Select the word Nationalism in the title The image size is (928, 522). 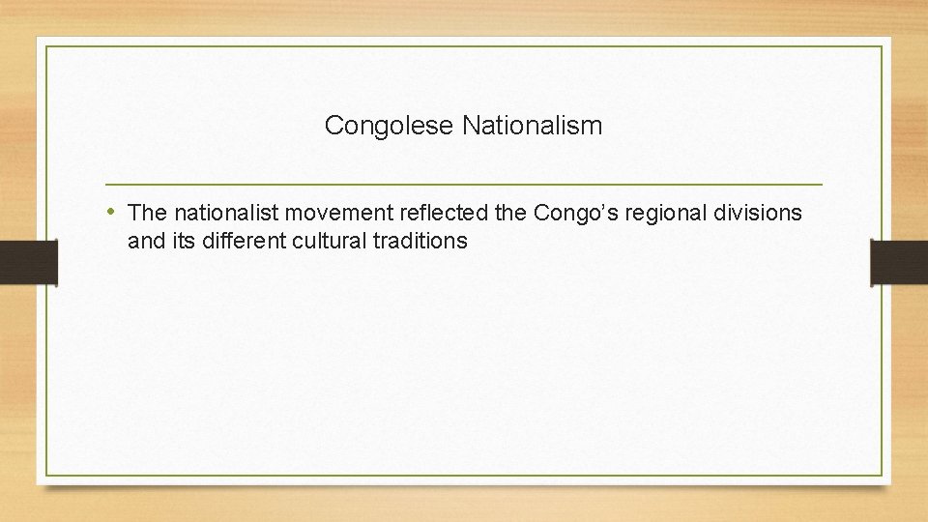[532, 126]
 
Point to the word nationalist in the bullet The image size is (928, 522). [219, 212]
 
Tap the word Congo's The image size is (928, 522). [554, 212]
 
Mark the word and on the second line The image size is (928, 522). [146, 242]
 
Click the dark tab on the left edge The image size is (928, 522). [28, 262]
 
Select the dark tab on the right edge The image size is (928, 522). [899, 262]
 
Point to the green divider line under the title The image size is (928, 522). [464, 184]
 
